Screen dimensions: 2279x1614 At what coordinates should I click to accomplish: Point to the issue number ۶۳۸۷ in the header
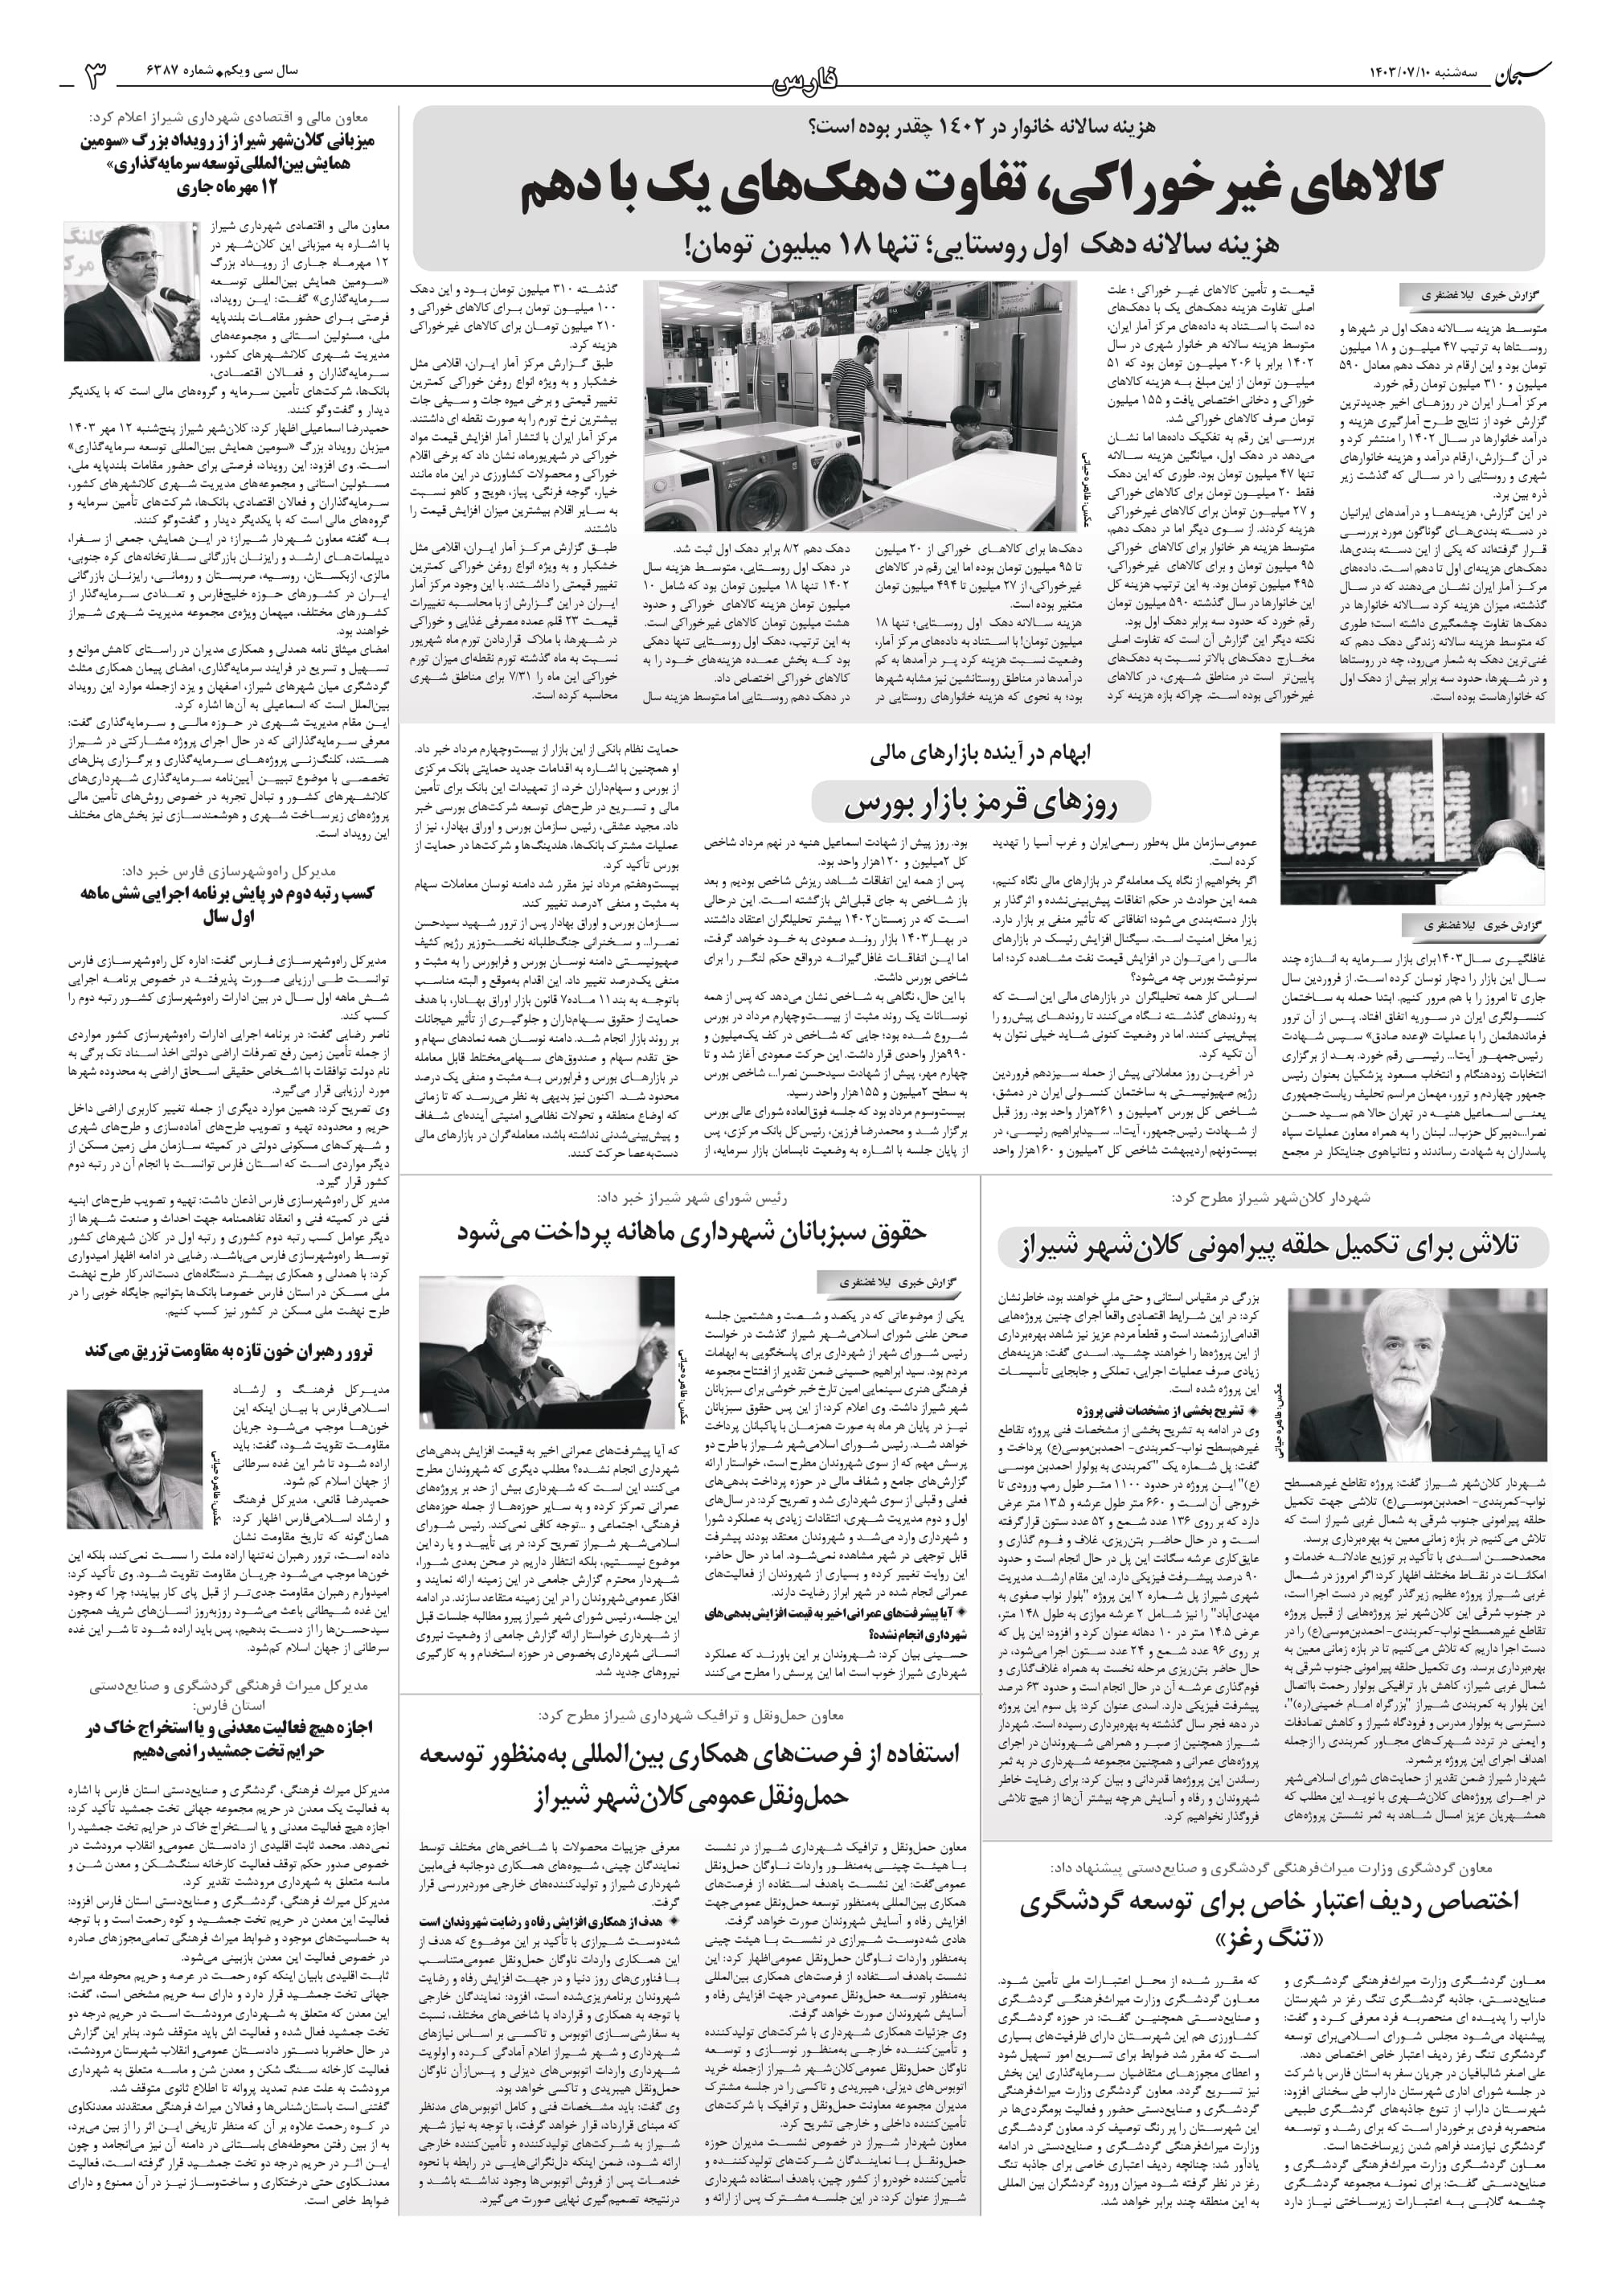click(170, 72)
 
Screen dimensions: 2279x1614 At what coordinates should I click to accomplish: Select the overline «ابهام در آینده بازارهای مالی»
click(980, 756)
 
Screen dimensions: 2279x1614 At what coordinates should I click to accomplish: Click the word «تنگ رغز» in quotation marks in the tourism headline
click(1266, 1939)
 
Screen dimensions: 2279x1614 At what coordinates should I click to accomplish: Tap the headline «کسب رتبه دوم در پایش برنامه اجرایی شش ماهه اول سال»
click(228, 904)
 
